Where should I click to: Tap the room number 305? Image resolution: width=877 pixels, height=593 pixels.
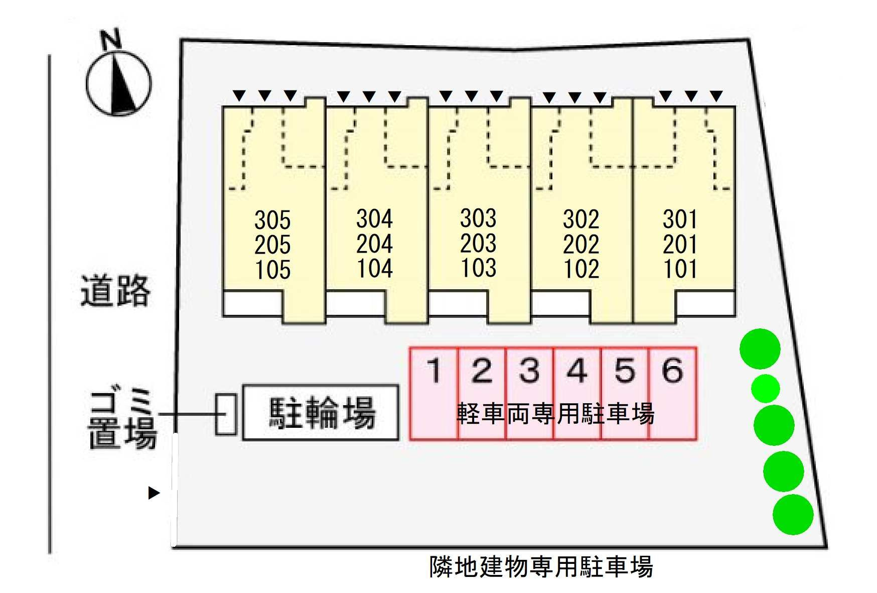(x=272, y=220)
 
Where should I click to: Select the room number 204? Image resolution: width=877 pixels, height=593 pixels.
(x=374, y=244)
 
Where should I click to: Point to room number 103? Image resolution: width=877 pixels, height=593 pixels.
(x=478, y=268)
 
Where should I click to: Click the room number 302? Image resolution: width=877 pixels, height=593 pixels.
(x=581, y=219)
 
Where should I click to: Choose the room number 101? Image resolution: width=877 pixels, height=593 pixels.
(x=680, y=269)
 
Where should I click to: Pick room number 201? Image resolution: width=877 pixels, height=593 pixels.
(x=680, y=245)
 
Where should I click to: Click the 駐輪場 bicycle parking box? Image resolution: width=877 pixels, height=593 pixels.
(x=321, y=413)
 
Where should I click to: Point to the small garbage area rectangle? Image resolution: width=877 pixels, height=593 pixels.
(x=226, y=414)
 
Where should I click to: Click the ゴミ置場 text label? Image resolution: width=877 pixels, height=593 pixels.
(x=122, y=419)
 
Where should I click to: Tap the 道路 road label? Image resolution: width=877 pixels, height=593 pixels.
(x=115, y=291)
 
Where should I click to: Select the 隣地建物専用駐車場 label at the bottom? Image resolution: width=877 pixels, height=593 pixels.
(x=541, y=566)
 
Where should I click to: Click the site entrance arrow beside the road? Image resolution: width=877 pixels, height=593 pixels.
(x=154, y=493)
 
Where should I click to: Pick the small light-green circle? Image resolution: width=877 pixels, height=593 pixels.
(x=766, y=388)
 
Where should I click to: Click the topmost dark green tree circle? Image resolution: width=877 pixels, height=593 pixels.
(x=760, y=349)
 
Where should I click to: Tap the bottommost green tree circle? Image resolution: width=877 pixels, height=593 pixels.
(x=793, y=514)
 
